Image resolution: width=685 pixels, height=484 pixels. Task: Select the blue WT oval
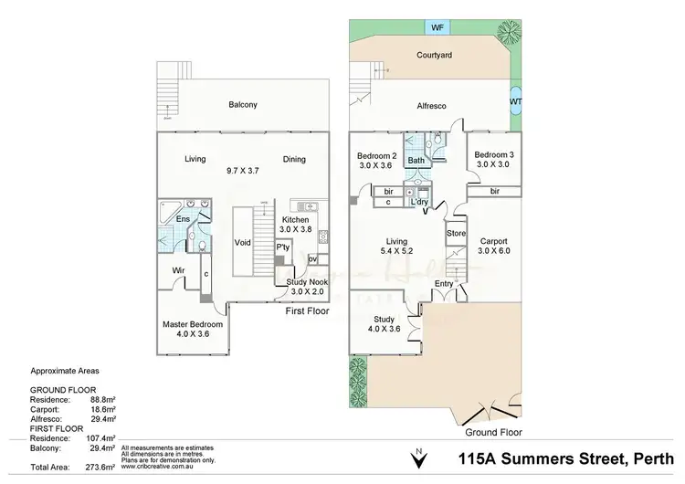pos(516,101)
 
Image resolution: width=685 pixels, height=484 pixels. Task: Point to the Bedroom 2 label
pos(376,156)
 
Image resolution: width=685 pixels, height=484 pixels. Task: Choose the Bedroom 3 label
pos(493,156)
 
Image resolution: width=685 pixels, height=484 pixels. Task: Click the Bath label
pos(416,161)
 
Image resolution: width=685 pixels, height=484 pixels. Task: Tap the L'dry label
pos(421,202)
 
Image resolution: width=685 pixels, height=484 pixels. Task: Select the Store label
pos(456,234)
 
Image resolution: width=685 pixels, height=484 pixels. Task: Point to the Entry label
pos(444,284)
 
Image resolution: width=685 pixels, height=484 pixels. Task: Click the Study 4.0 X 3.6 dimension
pos(384,330)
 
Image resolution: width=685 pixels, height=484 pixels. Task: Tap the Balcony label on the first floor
pos(243,105)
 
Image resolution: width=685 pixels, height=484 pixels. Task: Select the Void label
pos(243,243)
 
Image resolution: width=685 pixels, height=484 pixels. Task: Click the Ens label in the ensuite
pos(183,219)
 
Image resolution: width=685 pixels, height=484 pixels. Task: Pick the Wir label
pos(179,269)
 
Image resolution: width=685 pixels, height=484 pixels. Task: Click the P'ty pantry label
pos(283,247)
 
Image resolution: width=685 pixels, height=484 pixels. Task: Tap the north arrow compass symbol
pos(418,454)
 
